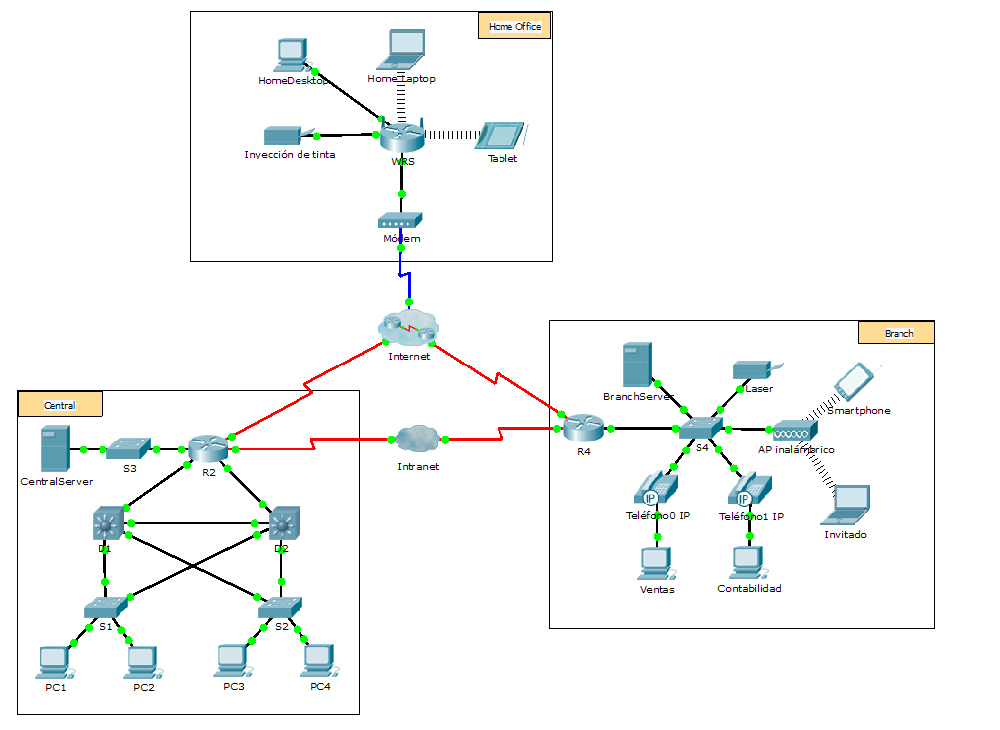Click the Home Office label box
coord(514,26)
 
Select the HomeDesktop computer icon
coord(291,56)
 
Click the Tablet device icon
coord(502,136)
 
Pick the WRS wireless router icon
coord(402,136)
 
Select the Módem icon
coord(401,221)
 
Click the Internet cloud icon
coord(408,326)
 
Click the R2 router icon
coord(208,449)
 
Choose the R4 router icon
coord(584,429)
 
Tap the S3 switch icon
coord(128,449)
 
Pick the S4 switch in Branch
coord(701,428)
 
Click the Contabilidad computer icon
coord(748,562)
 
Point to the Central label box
coord(60,405)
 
